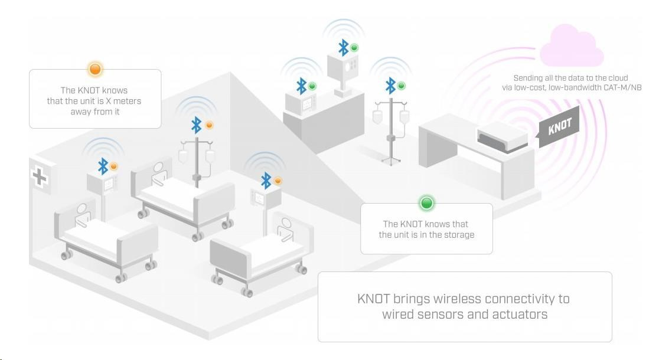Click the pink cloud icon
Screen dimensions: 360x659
coord(572,47)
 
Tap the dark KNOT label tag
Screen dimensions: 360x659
coord(559,126)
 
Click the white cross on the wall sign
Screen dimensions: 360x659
coord(40,176)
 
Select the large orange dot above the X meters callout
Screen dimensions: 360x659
coord(94,70)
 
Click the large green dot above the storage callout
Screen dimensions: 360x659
coord(426,204)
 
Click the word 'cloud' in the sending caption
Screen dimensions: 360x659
coord(616,78)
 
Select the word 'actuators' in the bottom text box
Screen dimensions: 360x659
coord(519,314)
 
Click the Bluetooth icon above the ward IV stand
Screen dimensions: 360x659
coord(197,125)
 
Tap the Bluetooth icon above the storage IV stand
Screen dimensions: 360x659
coord(390,86)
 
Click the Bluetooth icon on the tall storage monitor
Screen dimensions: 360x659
coord(343,47)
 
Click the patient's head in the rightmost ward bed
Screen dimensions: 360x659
coord(286,224)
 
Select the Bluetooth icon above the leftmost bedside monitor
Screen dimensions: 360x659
coord(103,166)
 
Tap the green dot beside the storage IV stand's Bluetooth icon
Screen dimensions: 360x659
coord(402,86)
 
